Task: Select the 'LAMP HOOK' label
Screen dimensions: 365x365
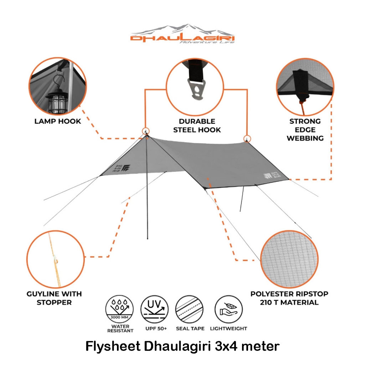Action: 58,121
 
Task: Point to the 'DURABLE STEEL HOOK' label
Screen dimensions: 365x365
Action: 197,125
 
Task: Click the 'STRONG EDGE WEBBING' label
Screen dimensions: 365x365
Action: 305,129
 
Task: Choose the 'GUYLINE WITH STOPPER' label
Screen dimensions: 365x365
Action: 54,298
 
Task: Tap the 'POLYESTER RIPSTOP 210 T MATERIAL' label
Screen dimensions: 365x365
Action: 284,298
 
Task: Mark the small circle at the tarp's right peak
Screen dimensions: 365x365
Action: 246,138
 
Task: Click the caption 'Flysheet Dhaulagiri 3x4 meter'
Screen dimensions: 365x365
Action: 182,346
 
